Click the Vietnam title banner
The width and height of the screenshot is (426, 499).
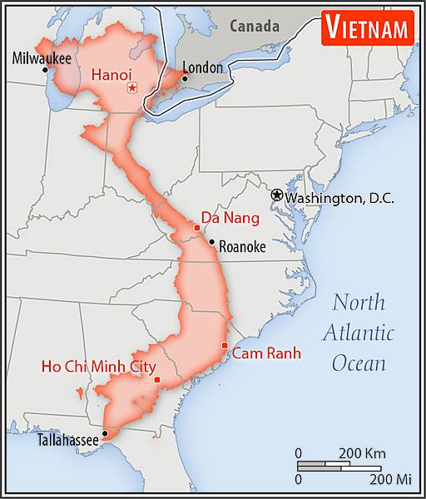tap(366, 27)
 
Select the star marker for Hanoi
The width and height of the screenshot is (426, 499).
tap(131, 88)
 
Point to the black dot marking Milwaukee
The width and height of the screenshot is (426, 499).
tap(45, 70)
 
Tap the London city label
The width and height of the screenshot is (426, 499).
tap(202, 67)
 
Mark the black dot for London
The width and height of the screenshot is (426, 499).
tap(185, 78)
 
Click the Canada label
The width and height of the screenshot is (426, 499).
tap(255, 26)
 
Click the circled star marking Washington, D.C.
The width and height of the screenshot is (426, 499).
tap(276, 195)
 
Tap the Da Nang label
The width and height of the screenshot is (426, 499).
tap(225, 219)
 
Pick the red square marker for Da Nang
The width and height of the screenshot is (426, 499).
tap(197, 228)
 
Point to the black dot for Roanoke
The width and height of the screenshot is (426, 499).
tap(212, 243)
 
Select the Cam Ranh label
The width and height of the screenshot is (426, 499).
tap(266, 353)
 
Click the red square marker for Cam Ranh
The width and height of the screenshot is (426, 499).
tap(225, 346)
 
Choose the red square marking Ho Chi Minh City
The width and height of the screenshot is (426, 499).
tap(156, 380)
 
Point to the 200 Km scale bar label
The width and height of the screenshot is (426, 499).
tap(361, 453)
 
